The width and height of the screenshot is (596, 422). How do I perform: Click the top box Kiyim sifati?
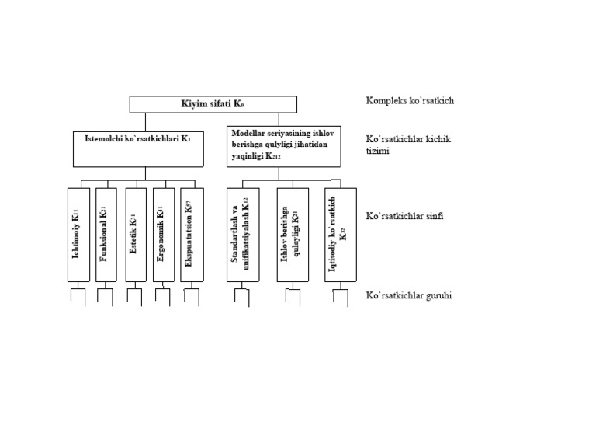[213, 103]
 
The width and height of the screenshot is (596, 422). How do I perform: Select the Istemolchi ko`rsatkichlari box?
[138, 147]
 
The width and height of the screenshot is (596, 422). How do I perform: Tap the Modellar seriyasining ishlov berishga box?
[284, 145]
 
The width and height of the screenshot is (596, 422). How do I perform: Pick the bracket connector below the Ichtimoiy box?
[79, 295]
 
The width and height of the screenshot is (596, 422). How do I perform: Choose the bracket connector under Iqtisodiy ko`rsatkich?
[340, 295]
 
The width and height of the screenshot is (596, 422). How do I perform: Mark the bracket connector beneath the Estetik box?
[134, 295]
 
